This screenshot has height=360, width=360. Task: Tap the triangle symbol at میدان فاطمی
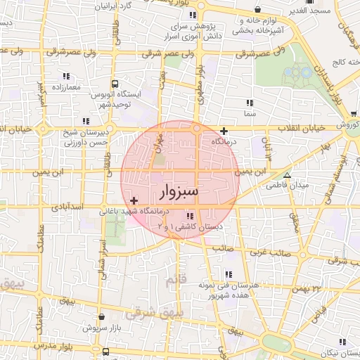(287, 175)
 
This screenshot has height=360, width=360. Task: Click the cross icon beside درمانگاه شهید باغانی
(134, 201)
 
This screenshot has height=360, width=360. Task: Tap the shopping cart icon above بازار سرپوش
(103, 317)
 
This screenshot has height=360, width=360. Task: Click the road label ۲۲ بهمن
(306, 288)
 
